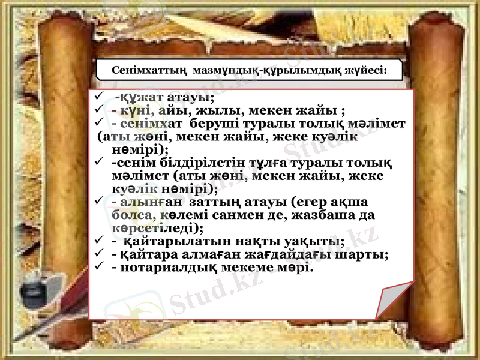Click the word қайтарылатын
(x=173, y=242)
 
